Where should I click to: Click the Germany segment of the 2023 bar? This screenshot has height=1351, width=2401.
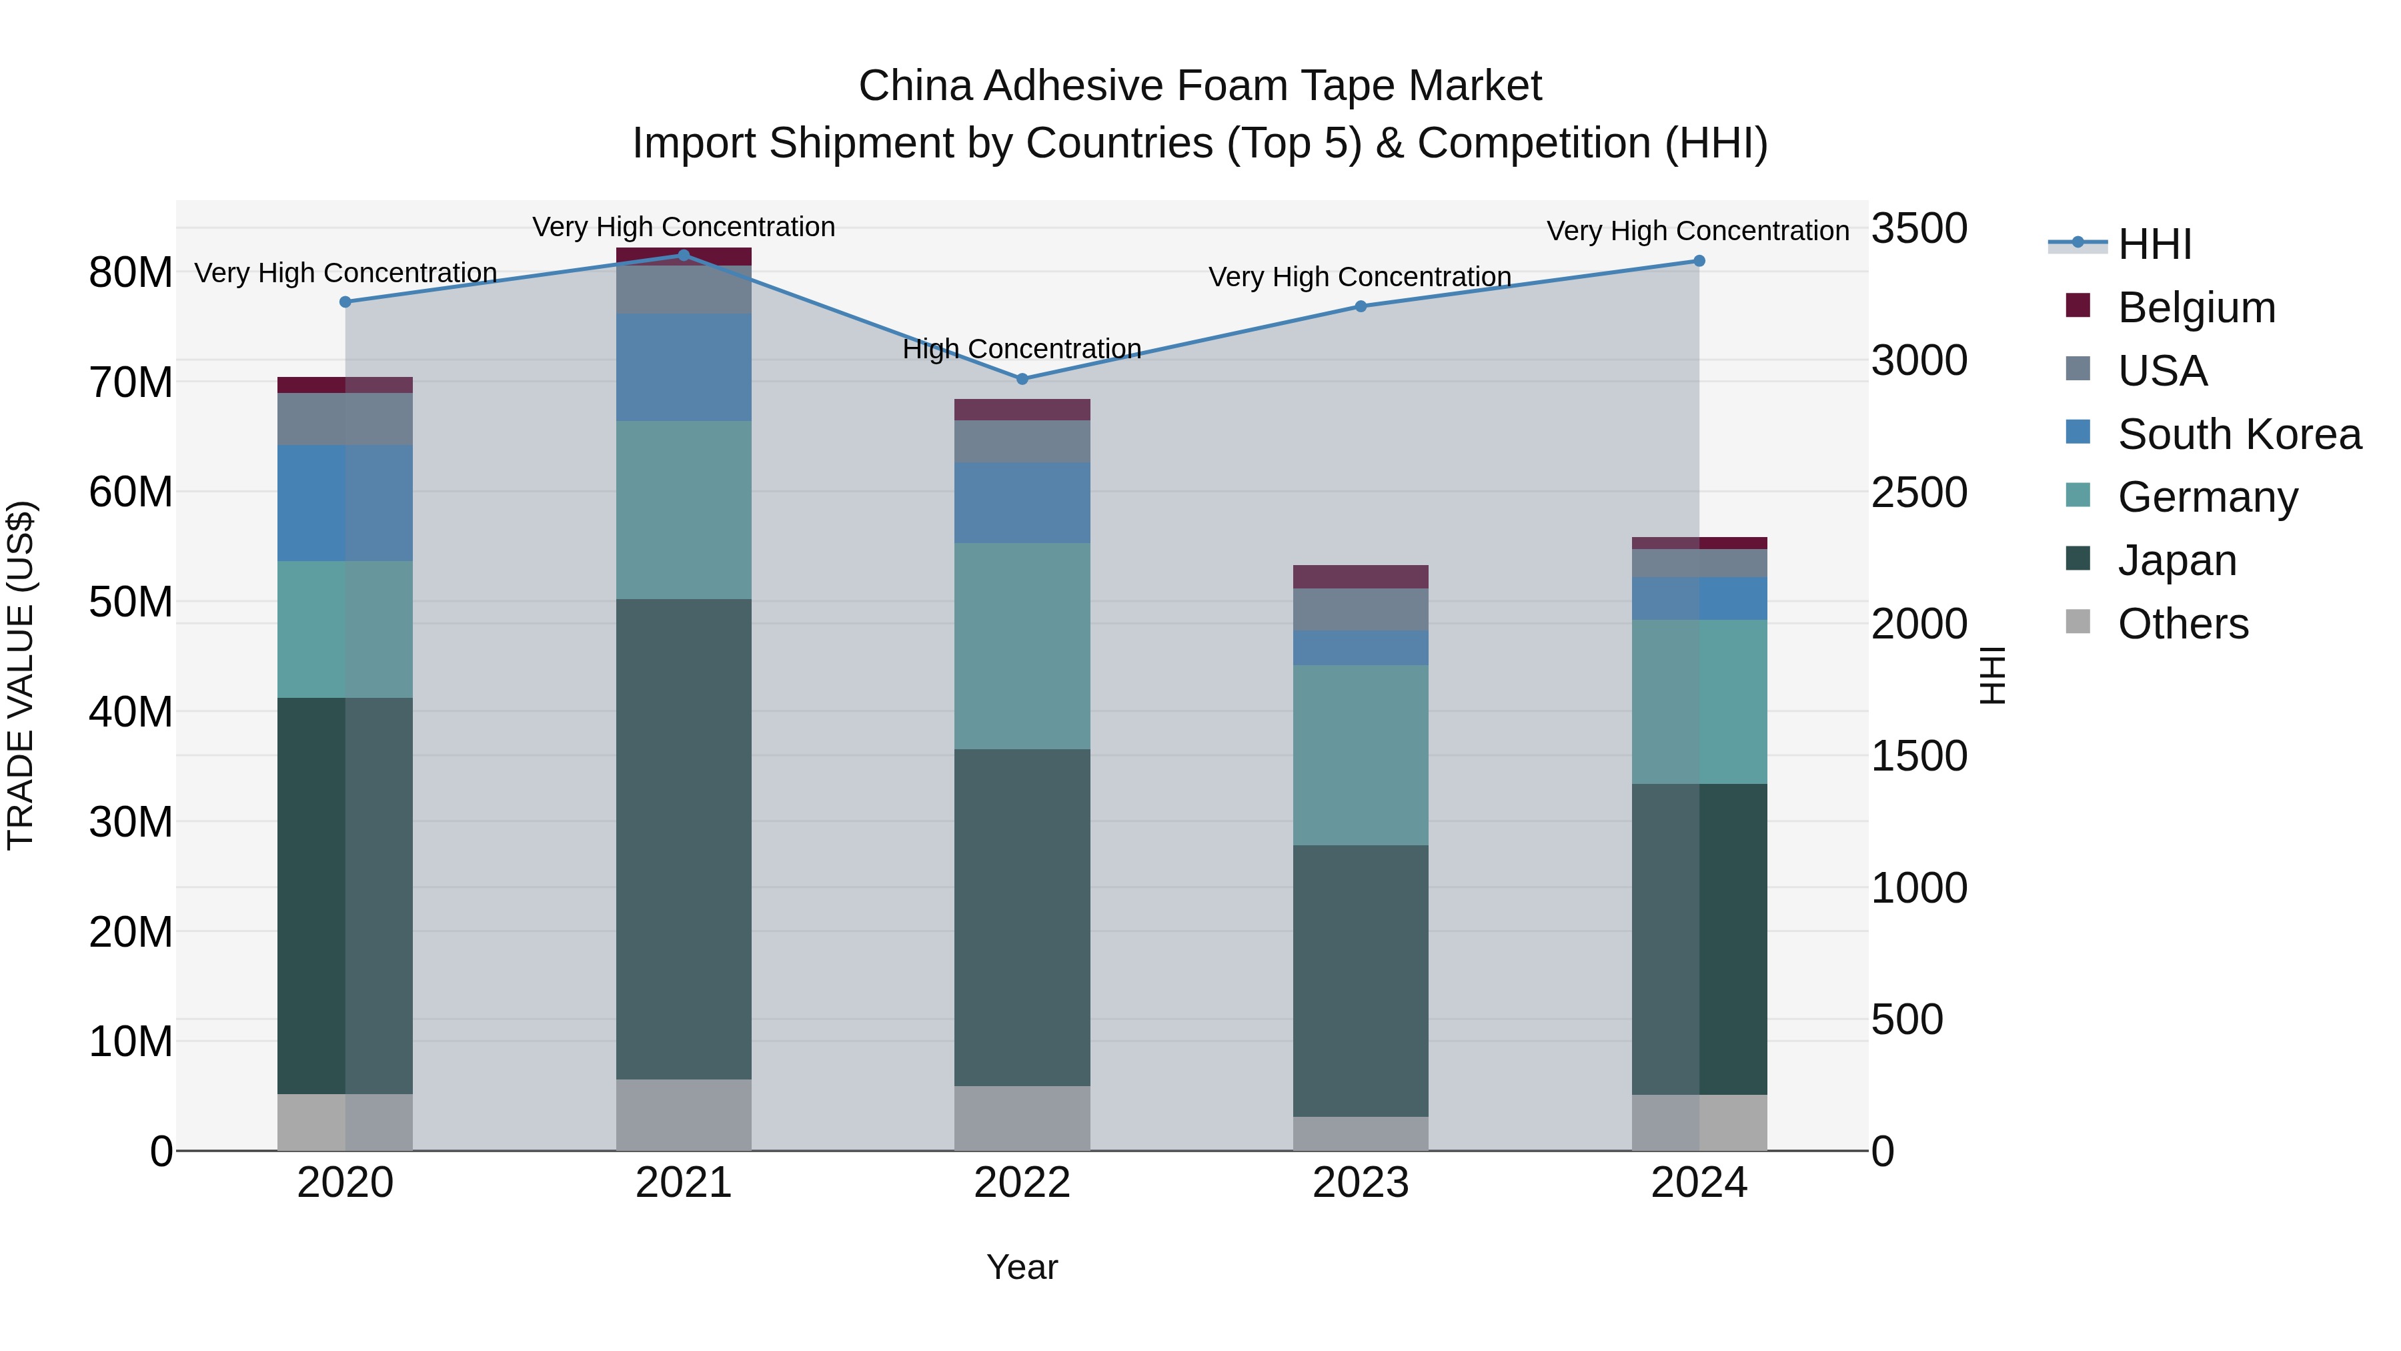point(1360,755)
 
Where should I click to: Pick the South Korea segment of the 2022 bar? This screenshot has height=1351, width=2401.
point(1022,504)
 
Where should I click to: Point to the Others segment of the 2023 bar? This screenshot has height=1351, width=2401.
point(1360,1134)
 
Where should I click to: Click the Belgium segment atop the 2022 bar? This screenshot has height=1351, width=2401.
point(1022,410)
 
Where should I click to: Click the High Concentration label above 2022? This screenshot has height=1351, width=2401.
point(1022,349)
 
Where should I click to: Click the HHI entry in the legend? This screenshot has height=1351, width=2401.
point(2153,244)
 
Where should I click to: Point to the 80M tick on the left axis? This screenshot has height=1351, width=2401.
point(131,273)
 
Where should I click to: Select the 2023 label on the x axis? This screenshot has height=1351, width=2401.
point(1360,1183)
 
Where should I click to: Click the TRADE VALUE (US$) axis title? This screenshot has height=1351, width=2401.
point(21,675)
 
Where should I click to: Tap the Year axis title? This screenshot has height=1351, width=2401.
point(1022,1267)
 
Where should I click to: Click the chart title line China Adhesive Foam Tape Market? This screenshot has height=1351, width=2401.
point(1200,86)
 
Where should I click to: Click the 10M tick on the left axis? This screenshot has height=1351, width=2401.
point(131,1041)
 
